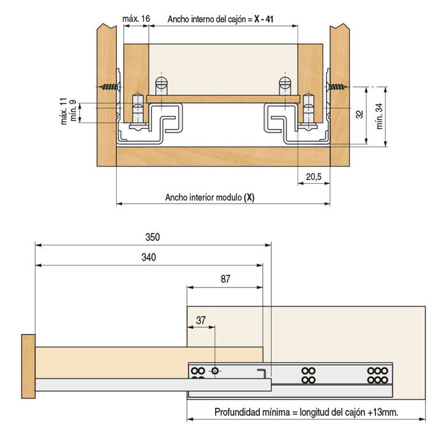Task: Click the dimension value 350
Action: point(151,237)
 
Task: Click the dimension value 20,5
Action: point(313,177)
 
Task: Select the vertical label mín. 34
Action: point(379,116)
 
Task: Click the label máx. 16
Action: point(136,19)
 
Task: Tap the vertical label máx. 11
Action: point(64,111)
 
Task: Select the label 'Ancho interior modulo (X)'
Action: point(209,197)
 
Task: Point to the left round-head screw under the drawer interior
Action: point(161,84)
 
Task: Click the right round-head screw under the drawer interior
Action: point(284,84)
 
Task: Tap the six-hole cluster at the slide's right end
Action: point(377,375)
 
